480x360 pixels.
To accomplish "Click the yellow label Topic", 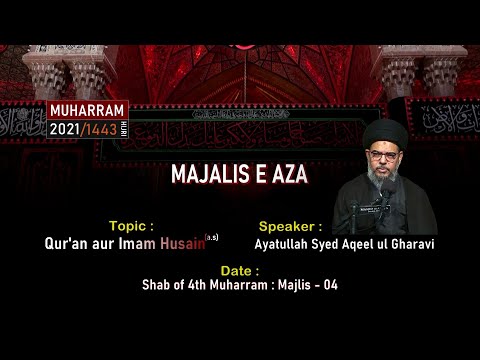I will [129, 226].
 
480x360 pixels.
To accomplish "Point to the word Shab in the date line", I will [157, 284].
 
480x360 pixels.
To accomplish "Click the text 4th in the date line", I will [200, 284].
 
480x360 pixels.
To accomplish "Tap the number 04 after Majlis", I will [327, 284].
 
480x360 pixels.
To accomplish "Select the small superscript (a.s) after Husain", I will [211, 237].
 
